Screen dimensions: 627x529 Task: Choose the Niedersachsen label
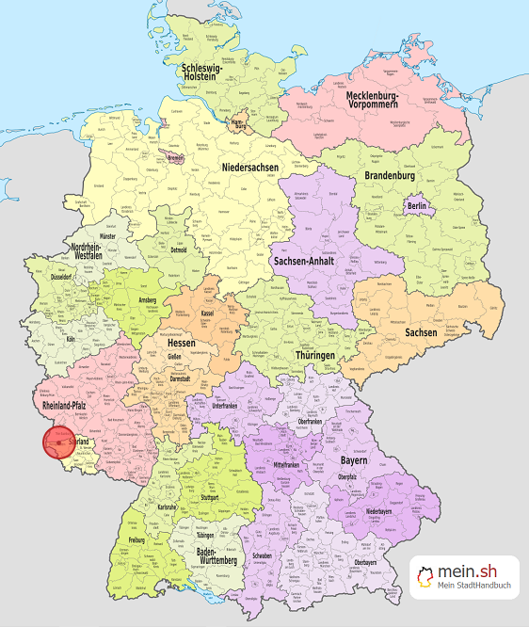coord(250,168)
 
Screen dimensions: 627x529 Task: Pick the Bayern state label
coord(352,462)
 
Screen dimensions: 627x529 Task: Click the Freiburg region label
coord(136,540)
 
